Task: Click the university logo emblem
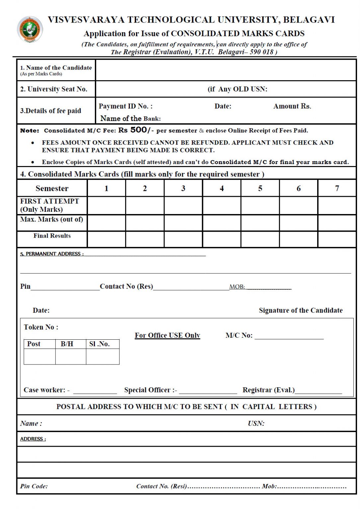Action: (x=30, y=29)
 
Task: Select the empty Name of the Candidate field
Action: (x=226, y=70)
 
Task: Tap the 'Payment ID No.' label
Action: (x=125, y=106)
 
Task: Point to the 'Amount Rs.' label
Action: (x=292, y=106)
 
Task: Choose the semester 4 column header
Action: (x=222, y=188)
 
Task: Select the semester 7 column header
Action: (x=337, y=188)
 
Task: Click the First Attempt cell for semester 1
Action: (x=107, y=205)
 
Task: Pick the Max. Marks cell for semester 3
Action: (x=183, y=223)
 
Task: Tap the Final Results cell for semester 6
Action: (x=298, y=239)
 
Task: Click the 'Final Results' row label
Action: (x=52, y=236)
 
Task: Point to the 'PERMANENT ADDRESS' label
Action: (x=52, y=254)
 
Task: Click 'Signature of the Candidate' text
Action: (x=301, y=311)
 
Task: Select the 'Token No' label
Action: (x=41, y=327)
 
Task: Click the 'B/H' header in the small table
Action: (x=67, y=344)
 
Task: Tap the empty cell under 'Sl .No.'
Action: (x=103, y=357)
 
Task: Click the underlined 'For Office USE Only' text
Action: (x=167, y=335)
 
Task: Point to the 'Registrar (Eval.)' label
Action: (x=268, y=390)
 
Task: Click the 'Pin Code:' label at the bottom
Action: (x=34, y=486)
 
